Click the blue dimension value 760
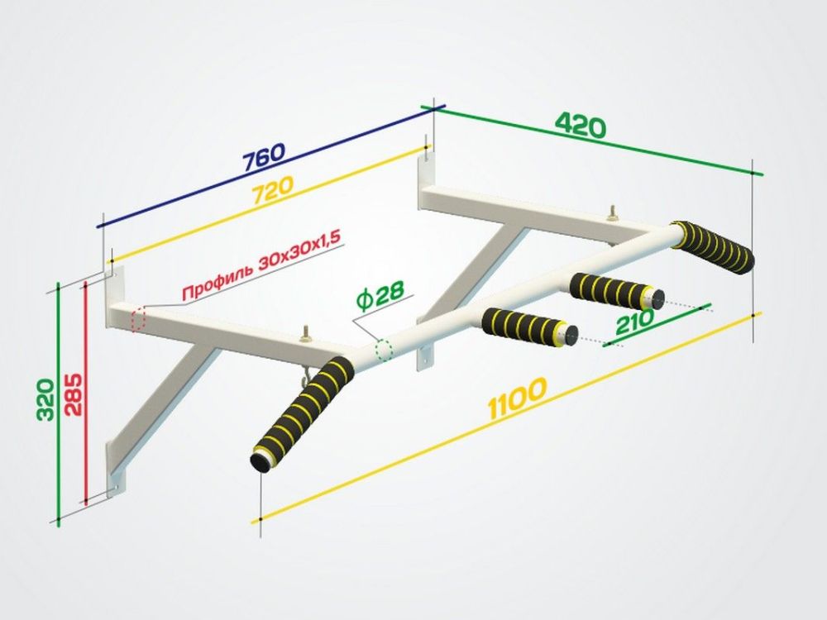point(265,156)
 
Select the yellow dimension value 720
point(272,190)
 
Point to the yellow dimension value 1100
point(518,398)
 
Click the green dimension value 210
point(634,322)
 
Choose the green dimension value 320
point(45,399)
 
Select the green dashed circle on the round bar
point(384,350)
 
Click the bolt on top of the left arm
point(306,336)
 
